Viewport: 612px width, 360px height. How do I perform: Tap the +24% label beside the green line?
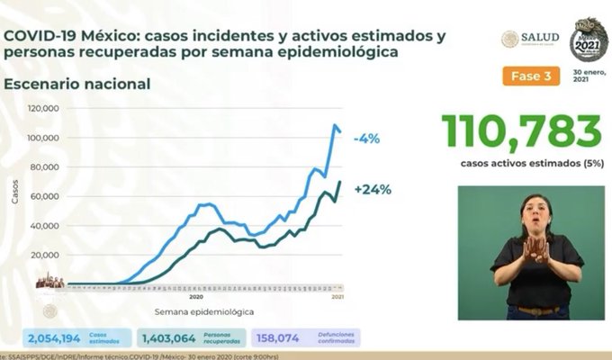373,190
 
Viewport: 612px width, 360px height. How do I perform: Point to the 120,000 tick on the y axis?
44,108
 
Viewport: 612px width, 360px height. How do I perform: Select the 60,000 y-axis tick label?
46,196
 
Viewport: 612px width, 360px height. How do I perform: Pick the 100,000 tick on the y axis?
44,138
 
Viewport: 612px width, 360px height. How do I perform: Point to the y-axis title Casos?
14,193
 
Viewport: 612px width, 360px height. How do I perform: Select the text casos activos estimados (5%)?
521,164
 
